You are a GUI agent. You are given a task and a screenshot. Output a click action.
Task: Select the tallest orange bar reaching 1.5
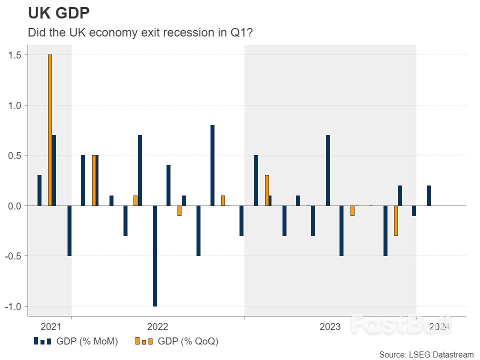[50, 130]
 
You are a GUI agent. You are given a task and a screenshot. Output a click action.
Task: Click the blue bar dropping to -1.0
[155, 255]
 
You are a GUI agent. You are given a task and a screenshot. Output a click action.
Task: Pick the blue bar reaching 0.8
[212, 165]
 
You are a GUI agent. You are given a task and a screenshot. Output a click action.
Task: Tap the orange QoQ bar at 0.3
[267, 190]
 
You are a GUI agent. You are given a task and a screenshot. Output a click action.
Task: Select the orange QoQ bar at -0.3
[396, 220]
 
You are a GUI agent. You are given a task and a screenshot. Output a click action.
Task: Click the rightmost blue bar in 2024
[429, 195]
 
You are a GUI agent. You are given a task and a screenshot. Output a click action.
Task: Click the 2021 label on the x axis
[50, 327]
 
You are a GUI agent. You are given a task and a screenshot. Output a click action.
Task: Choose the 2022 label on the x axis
[157, 327]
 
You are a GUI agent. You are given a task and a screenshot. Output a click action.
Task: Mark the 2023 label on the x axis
[330, 327]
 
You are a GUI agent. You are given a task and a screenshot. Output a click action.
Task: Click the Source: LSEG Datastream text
[426, 354]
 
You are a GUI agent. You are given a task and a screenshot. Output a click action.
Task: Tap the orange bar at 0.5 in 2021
[93, 180]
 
